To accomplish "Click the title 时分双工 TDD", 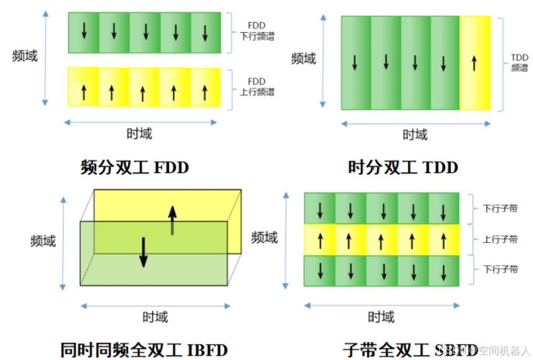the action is pos(403,168).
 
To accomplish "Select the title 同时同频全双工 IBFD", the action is pos(144,349).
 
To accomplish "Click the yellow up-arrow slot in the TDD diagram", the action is pos(475,63).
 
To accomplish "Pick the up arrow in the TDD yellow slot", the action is pos(474,62).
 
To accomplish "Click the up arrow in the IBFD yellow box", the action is pos(172,220).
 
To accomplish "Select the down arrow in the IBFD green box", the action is pos(143,251).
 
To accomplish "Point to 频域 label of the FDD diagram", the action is pos(25,56).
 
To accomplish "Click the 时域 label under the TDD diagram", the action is pos(415,134).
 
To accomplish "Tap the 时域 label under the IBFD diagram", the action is pos(155,317).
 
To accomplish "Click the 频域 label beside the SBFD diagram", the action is pos(265,237).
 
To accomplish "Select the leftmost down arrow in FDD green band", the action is pos(84,32).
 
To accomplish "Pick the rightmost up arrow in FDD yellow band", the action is pos(204,92).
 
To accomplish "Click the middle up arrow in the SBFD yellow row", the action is pos(381,240).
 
